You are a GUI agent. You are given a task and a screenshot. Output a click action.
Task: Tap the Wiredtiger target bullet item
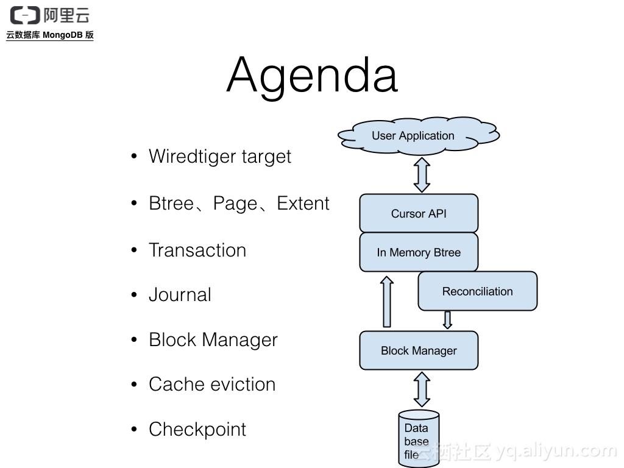point(220,157)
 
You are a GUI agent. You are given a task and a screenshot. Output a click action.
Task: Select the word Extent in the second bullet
point(303,204)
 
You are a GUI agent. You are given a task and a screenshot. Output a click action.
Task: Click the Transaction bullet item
point(197,250)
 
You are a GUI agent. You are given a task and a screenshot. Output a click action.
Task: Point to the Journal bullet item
point(180,295)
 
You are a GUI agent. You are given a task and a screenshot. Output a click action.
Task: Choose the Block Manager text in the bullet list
point(213,340)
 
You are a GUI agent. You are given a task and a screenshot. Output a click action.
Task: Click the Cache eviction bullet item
point(212,385)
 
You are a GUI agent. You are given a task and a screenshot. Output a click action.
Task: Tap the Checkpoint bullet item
point(197,430)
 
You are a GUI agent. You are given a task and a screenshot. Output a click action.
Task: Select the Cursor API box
point(419,213)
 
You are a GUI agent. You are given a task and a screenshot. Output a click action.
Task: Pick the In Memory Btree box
point(419,252)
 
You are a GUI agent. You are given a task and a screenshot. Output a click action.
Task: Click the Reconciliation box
point(477,291)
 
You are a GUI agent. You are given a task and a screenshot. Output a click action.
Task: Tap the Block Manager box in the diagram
point(419,350)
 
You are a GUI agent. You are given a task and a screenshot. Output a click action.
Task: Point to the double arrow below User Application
point(422,175)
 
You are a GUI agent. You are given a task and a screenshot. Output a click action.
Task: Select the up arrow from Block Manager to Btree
point(386,302)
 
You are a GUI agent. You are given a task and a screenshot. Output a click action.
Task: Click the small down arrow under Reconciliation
point(447,320)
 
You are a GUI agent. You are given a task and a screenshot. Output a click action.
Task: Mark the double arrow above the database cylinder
point(422,389)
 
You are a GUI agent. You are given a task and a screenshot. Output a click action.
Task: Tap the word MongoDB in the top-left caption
point(63,35)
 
